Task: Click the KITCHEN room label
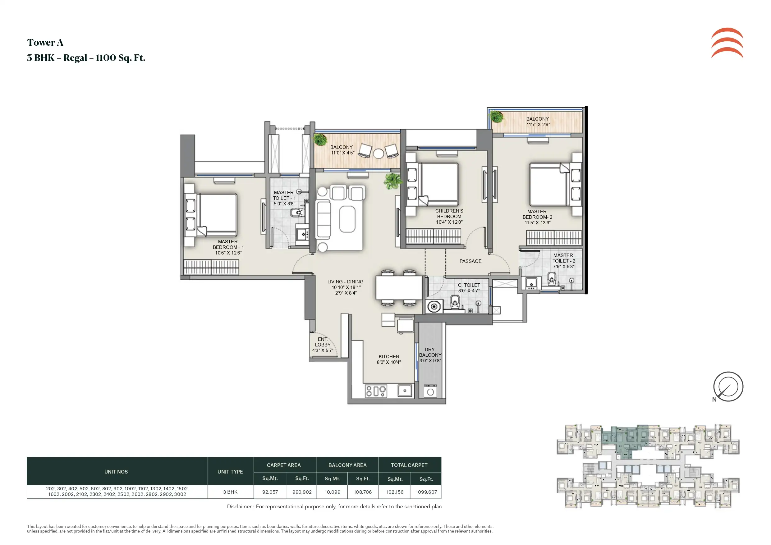pos(389,357)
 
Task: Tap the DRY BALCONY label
pos(430,352)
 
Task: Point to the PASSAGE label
pos(470,261)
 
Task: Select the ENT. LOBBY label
pos(323,342)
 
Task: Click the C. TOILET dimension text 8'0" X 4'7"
pos(469,291)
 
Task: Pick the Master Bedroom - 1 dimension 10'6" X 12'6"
pos(228,253)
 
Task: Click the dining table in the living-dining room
pos(399,287)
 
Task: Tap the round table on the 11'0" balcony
pos(379,153)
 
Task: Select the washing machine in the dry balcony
pos(430,391)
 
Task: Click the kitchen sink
pos(405,391)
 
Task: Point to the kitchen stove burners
pos(376,391)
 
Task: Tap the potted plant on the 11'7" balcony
pos(496,117)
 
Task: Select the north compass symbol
pos(728,387)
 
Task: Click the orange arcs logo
pos(727,43)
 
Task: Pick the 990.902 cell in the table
pos(302,492)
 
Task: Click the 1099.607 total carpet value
pos(426,492)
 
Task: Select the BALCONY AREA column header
pos(347,465)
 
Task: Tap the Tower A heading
pos(45,43)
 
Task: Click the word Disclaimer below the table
pos(239,506)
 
